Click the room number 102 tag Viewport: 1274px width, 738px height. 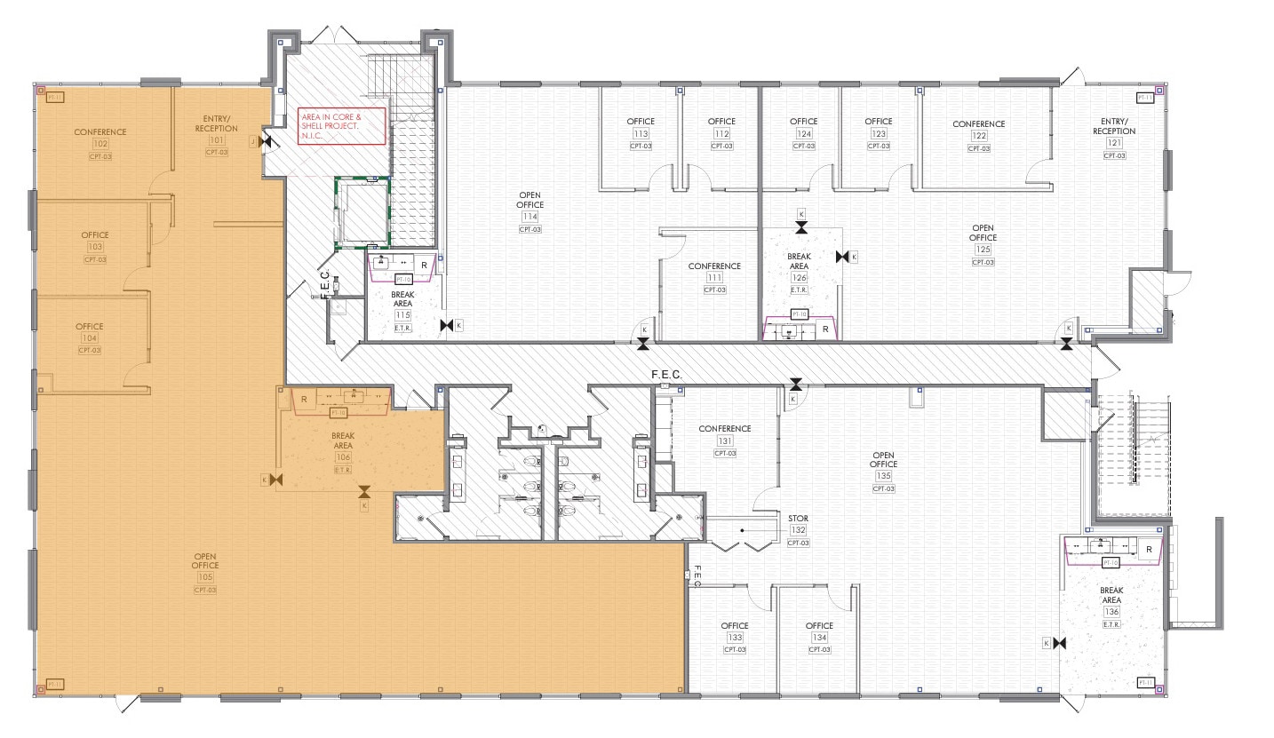tap(100, 144)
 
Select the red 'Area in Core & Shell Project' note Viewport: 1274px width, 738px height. tap(342, 126)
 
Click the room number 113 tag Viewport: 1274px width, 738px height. tap(640, 134)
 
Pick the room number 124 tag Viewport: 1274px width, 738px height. tap(803, 134)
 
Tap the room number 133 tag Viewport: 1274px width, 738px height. tap(735, 638)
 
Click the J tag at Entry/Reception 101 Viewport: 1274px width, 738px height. tap(253, 141)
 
